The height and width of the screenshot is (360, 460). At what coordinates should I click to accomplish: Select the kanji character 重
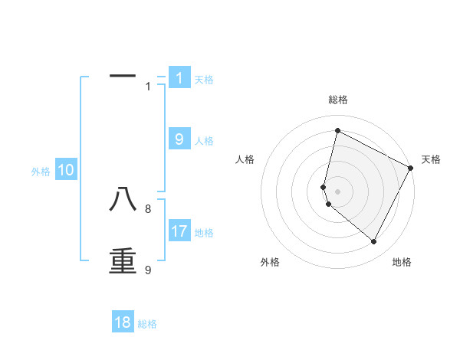pyautogui.click(x=123, y=260)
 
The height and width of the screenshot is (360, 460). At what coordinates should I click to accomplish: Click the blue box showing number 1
pyautogui.click(x=179, y=78)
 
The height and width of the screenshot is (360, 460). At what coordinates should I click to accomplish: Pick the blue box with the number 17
pyautogui.click(x=179, y=231)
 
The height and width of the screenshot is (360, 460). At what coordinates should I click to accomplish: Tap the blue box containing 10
pyautogui.click(x=66, y=171)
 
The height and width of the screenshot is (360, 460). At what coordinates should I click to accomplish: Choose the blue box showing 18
pyautogui.click(x=123, y=322)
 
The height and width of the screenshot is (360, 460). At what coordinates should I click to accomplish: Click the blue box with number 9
pyautogui.click(x=179, y=139)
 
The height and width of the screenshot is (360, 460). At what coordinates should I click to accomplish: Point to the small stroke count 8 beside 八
pyautogui.click(x=148, y=208)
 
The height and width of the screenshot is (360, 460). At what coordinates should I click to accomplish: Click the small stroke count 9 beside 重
pyautogui.click(x=148, y=270)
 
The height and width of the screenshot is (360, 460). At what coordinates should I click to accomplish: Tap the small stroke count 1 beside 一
pyautogui.click(x=148, y=87)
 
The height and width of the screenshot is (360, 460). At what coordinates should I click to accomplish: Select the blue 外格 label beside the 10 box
pyautogui.click(x=41, y=172)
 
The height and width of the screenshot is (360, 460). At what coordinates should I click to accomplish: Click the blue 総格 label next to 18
pyautogui.click(x=147, y=324)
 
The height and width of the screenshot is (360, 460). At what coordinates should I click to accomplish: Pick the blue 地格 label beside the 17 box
pyautogui.click(x=204, y=233)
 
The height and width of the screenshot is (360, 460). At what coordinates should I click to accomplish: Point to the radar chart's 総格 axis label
pyautogui.click(x=337, y=100)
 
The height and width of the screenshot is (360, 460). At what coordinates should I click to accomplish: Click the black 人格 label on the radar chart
pyautogui.click(x=245, y=159)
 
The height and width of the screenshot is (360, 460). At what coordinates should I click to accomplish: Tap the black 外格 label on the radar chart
pyautogui.click(x=270, y=262)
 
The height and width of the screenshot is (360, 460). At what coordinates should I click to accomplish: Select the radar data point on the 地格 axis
pyautogui.click(x=374, y=242)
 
